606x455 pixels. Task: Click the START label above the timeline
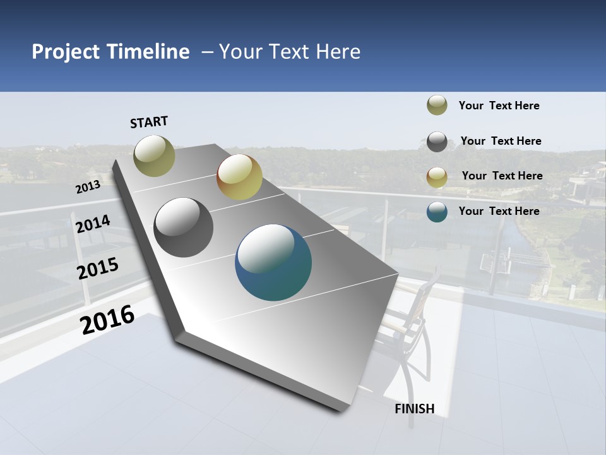149,122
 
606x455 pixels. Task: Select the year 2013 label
88,187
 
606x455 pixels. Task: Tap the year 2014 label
93,224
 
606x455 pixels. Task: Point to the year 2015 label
98,268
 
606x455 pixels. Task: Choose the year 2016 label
107,319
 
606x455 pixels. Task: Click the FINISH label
415,409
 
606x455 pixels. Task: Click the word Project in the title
66,52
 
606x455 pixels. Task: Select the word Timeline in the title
148,52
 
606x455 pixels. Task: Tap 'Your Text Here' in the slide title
290,52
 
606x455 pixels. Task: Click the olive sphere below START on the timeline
155,155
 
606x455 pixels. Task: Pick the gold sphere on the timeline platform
239,177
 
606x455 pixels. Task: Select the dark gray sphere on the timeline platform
184,227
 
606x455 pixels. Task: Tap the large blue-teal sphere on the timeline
273,262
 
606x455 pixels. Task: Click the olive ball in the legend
437,106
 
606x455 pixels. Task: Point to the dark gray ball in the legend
437,142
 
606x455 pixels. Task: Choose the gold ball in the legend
437,177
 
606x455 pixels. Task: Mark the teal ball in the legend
437,212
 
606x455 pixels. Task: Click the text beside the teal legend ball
499,211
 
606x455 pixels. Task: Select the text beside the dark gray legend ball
501,141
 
